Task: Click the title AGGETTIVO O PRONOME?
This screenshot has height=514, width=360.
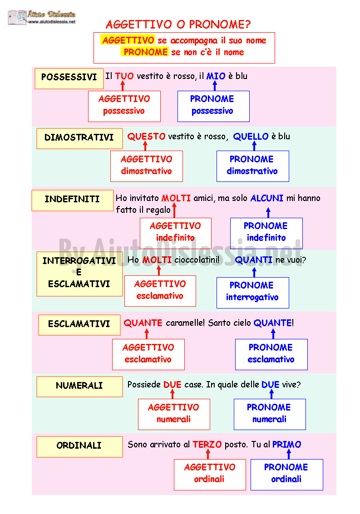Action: pos(178,24)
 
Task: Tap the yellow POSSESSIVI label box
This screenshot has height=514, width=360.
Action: pos(69,78)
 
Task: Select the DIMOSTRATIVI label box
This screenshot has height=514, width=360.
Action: pos(79,139)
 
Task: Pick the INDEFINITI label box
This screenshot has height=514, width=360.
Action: pos(73,200)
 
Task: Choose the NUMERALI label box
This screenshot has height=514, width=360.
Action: pos(79,387)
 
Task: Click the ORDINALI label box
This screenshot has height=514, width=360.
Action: pos(79,447)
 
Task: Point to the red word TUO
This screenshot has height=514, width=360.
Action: pos(124,76)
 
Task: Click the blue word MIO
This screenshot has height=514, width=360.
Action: pos(216,76)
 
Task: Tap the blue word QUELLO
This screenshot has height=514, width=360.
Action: pos(251,137)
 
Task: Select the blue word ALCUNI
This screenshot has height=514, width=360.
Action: pos(267,198)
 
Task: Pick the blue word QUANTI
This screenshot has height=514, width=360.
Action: pos(254,260)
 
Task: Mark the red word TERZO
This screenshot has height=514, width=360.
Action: pos(207,445)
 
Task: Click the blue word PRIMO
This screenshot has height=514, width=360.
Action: pos(286,445)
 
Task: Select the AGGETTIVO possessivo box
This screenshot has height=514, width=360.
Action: pos(124,106)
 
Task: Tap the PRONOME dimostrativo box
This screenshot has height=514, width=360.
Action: pos(253,166)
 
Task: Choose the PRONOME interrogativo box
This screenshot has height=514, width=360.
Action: pos(253,293)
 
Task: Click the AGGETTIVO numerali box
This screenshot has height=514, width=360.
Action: pos(174,414)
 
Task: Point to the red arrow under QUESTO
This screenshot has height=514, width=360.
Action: pos(145,146)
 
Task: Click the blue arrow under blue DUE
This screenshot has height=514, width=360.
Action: pos(271,394)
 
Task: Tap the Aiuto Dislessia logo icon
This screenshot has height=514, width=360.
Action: pos(17,17)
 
